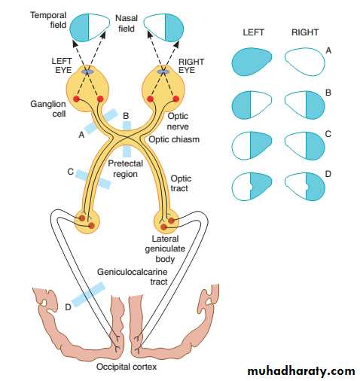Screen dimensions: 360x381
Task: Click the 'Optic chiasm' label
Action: pos(174,139)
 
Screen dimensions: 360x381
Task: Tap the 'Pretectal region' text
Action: pos(125,169)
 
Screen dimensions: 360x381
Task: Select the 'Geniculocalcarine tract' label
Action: pos(133,276)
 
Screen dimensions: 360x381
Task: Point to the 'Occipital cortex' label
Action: pos(127,367)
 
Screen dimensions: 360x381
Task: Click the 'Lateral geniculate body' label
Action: pos(165,248)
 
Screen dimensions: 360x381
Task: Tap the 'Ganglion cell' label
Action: pos(48,108)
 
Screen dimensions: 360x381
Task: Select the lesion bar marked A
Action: pos(101,120)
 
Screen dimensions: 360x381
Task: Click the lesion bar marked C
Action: pos(93,179)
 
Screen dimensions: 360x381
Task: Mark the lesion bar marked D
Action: pos(88,294)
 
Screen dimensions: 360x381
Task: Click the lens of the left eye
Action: pos(87,72)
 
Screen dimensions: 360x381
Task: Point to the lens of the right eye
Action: pos(163,72)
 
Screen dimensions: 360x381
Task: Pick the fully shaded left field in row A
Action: pos(252,62)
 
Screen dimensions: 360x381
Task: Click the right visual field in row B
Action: pos(305,105)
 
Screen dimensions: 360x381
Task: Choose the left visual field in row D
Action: pos(252,186)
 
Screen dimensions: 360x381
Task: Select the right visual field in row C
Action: pos(305,145)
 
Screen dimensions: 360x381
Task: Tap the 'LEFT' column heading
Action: pos(253,32)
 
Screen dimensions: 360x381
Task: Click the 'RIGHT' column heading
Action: pos(305,32)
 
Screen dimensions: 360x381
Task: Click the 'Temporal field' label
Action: pos(48,20)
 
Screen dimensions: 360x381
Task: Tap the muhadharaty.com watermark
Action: pos(301,371)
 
